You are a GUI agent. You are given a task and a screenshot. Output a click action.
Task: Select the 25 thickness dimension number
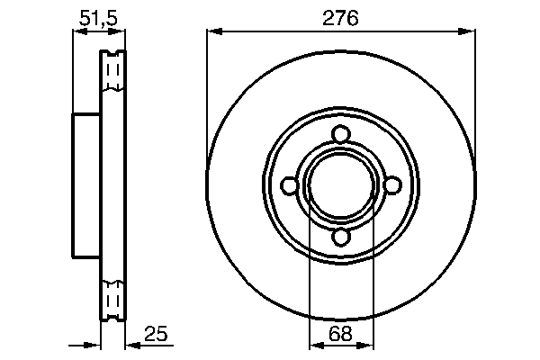pyautogui.click(x=156, y=335)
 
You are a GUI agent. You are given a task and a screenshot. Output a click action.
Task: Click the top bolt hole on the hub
pyautogui.click(x=340, y=135)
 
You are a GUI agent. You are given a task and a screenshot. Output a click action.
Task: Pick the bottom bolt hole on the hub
pyautogui.click(x=340, y=236)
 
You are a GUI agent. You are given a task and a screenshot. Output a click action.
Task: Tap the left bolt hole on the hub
pyautogui.click(x=290, y=185)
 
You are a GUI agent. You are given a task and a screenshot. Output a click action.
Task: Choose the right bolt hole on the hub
pyautogui.click(x=391, y=185)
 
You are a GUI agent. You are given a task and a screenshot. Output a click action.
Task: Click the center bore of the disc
pyautogui.click(x=340, y=185)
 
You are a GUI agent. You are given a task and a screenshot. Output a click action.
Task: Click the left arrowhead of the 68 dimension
pyautogui.click(x=315, y=345)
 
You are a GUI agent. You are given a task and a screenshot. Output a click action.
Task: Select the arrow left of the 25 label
pyautogui.click(x=133, y=345)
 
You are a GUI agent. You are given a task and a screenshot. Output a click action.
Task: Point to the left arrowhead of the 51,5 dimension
pyautogui.click(x=77, y=31)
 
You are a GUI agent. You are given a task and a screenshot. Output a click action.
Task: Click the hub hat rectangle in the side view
pyautogui.click(x=85, y=185)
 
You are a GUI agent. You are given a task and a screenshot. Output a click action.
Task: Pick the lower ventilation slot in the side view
pyautogui.click(x=113, y=299)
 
